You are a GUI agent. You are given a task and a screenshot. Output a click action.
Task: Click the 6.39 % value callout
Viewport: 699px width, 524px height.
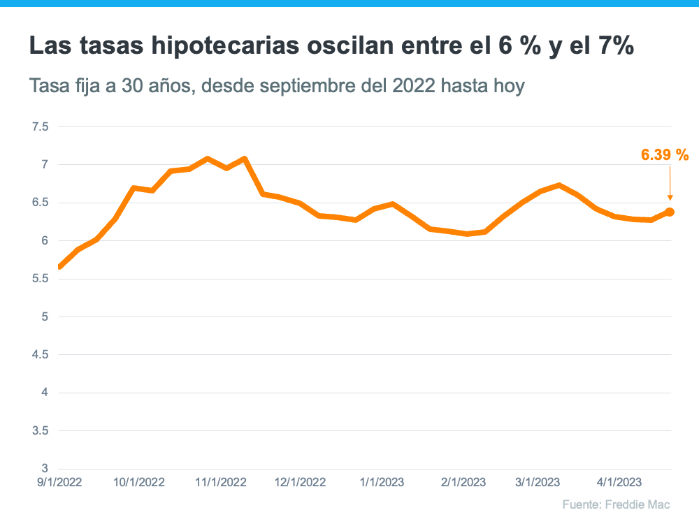coord(665,155)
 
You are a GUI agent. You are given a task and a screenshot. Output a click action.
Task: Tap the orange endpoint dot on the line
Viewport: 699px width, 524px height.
coord(670,212)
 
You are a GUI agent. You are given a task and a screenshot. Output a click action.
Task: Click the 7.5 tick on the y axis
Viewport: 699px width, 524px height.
coord(41,127)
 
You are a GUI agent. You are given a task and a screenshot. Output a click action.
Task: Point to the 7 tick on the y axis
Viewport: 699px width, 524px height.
coord(45,165)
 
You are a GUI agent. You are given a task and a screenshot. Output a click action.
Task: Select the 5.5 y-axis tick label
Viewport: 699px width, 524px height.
coord(41,279)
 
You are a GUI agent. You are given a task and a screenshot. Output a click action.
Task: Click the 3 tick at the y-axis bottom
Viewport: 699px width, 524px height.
coord(45,468)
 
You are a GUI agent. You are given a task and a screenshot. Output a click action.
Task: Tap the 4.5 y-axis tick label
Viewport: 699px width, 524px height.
coord(41,355)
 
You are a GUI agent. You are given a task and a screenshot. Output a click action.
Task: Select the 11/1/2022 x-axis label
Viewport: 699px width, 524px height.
coord(221,482)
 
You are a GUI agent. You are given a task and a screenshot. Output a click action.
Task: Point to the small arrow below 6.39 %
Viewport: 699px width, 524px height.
coord(670,187)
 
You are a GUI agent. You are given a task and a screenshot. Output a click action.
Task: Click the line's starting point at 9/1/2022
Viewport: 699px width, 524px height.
coord(60,266)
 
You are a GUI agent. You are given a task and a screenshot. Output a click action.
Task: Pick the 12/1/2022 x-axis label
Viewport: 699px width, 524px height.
coord(301,482)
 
